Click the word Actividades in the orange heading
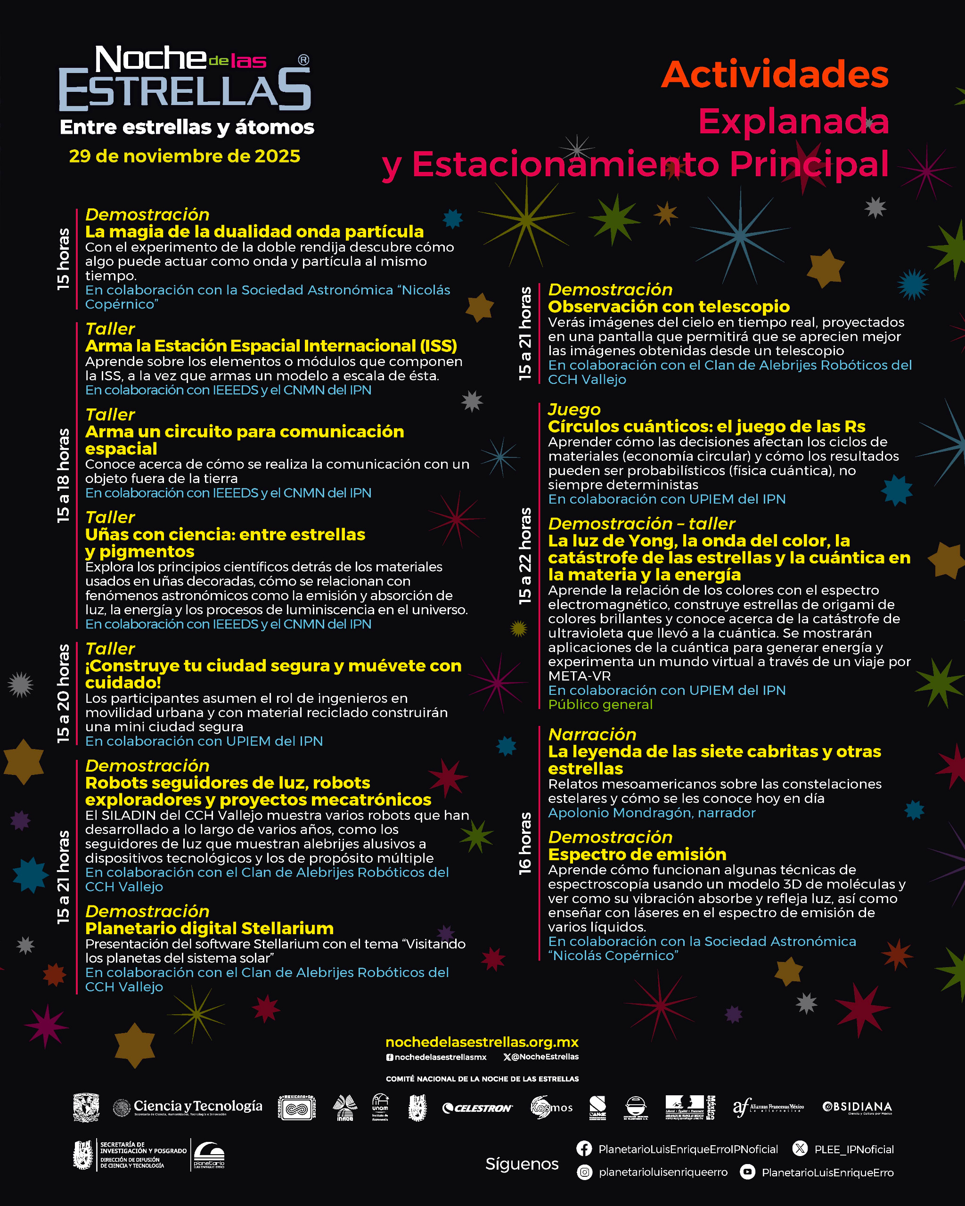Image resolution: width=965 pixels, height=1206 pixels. click(775, 74)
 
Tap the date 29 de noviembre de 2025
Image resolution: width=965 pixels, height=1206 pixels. click(185, 156)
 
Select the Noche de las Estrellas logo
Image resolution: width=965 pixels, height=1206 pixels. click(185, 78)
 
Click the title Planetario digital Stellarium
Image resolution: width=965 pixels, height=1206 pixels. click(209, 928)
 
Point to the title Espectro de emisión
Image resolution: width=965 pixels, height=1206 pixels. click(637, 854)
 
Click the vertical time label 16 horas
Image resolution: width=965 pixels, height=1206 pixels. click(525, 844)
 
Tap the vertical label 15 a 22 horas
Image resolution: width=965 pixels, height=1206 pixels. click(525, 556)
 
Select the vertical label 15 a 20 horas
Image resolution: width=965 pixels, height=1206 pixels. click(63, 693)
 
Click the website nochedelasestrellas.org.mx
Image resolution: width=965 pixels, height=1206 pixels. click(482, 1042)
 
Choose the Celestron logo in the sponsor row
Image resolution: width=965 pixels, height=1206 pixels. click(477, 1108)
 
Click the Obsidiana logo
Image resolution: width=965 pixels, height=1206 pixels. click(857, 1107)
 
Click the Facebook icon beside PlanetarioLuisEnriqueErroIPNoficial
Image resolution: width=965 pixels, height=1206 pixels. click(584, 1149)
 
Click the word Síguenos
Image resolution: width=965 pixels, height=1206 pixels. click(522, 1164)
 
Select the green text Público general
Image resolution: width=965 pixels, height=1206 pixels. click(600, 704)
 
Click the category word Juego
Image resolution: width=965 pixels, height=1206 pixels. click(574, 409)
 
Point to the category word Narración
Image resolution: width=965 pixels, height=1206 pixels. click(592, 734)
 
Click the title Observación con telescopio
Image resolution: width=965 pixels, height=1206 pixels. click(669, 307)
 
